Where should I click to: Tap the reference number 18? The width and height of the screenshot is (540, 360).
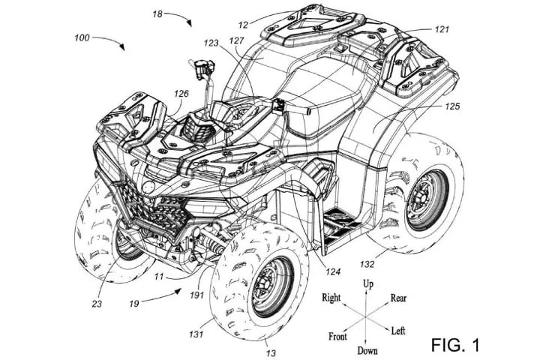point(157,13)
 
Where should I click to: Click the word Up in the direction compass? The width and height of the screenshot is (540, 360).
point(368,285)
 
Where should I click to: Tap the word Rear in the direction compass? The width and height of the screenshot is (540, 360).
point(399,298)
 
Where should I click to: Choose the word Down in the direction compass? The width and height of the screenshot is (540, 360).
point(367,350)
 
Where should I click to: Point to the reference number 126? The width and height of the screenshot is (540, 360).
point(181,94)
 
